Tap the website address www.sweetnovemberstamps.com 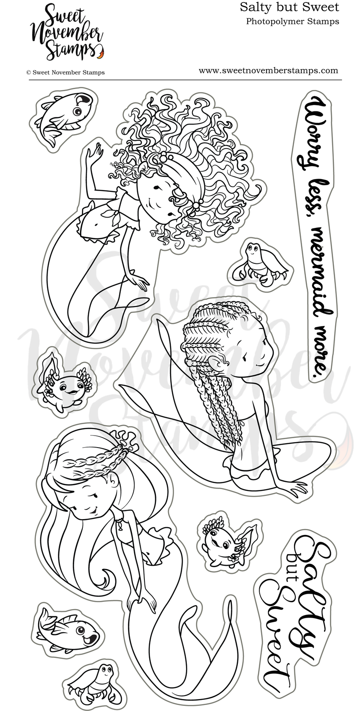(x=269, y=71)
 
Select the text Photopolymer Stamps (x=293, y=21)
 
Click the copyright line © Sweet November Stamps (x=65, y=72)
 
